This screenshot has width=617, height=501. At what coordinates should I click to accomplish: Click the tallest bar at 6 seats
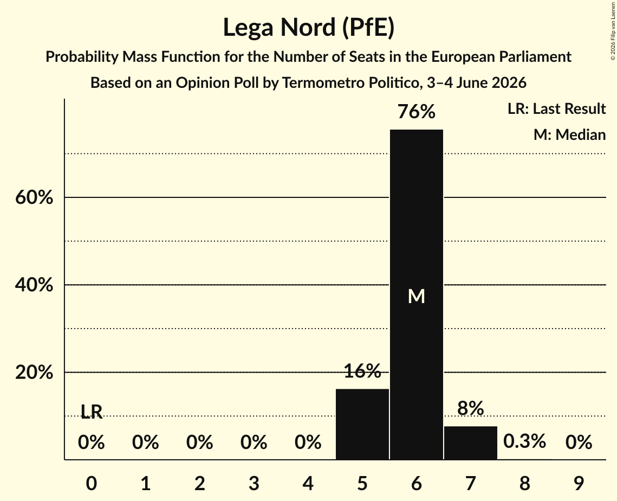[x=417, y=294]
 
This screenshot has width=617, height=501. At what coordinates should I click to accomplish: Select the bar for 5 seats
[x=362, y=424]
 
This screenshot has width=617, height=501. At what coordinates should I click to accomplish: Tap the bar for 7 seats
[x=471, y=442]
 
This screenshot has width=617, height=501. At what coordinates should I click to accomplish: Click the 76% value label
[x=417, y=112]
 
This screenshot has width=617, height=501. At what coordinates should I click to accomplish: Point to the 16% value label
[x=362, y=371]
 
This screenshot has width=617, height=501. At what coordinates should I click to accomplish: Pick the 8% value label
[x=471, y=408]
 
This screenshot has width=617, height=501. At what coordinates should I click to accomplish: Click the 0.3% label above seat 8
[x=524, y=441]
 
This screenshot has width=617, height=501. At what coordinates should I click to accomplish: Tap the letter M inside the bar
[x=417, y=296]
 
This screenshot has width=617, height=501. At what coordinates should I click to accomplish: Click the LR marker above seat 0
[x=92, y=412]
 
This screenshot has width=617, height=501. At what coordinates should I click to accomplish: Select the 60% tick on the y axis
[x=34, y=197]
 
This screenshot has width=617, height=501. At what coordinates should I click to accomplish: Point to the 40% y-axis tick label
[x=34, y=284]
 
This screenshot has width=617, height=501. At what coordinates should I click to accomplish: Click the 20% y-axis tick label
[x=34, y=372]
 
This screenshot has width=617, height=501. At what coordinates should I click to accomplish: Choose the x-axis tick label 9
[x=579, y=483]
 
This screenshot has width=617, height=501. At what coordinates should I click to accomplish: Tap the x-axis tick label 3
[x=254, y=483]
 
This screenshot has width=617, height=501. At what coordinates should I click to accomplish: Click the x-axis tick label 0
[x=92, y=483]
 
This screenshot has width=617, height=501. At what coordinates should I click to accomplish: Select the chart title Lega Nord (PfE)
[x=309, y=28]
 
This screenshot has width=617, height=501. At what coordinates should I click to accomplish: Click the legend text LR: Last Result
[x=556, y=108]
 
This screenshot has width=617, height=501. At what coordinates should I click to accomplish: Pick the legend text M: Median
[x=569, y=134]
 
